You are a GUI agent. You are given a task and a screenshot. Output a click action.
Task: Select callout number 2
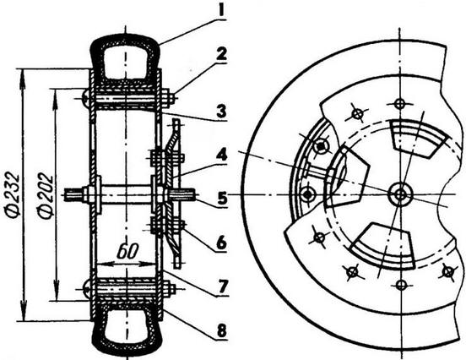(222, 54)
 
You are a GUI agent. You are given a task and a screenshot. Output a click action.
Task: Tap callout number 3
(221, 112)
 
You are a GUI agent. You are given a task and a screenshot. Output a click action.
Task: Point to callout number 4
(221, 155)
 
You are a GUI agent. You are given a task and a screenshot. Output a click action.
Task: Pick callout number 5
(222, 199)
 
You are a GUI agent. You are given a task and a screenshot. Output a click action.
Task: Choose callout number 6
(221, 243)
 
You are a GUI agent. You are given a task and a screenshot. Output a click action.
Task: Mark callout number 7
(222, 286)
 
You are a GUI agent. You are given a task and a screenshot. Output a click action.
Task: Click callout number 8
(222, 330)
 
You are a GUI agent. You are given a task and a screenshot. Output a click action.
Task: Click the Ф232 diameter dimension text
(14, 195)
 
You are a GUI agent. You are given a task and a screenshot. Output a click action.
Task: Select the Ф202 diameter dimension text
(46, 197)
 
